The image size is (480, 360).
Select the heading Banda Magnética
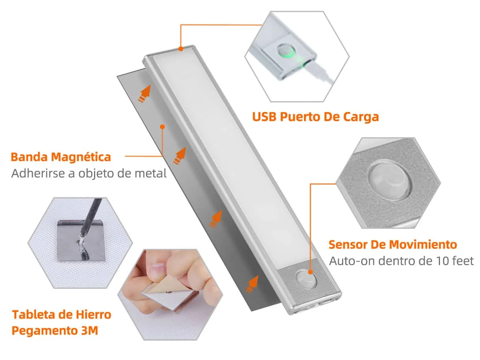tap(61, 157)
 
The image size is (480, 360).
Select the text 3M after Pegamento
tap(90, 330)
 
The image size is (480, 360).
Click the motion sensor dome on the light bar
tap(306, 279)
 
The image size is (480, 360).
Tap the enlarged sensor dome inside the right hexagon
tap(388, 179)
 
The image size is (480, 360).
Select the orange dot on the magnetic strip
tap(162, 126)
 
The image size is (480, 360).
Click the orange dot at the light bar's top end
tap(181, 49)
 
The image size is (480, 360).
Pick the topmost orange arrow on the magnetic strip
tap(145, 94)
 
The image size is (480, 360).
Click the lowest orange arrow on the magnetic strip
tap(252, 284)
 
